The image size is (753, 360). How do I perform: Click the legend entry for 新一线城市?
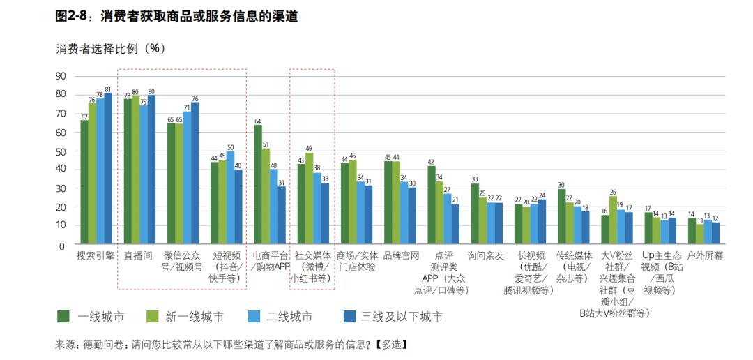coord(185,317)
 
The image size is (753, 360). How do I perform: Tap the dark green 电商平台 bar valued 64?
coord(258,186)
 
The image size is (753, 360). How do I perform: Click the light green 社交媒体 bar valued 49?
coord(310,200)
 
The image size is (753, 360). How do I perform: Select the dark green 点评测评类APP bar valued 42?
coord(432,206)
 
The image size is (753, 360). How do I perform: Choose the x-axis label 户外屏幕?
coord(705,256)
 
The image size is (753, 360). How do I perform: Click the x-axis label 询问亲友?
coord(486,256)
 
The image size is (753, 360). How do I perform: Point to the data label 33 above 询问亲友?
coord(475,179)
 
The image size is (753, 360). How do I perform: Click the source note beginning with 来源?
coord(230,345)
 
